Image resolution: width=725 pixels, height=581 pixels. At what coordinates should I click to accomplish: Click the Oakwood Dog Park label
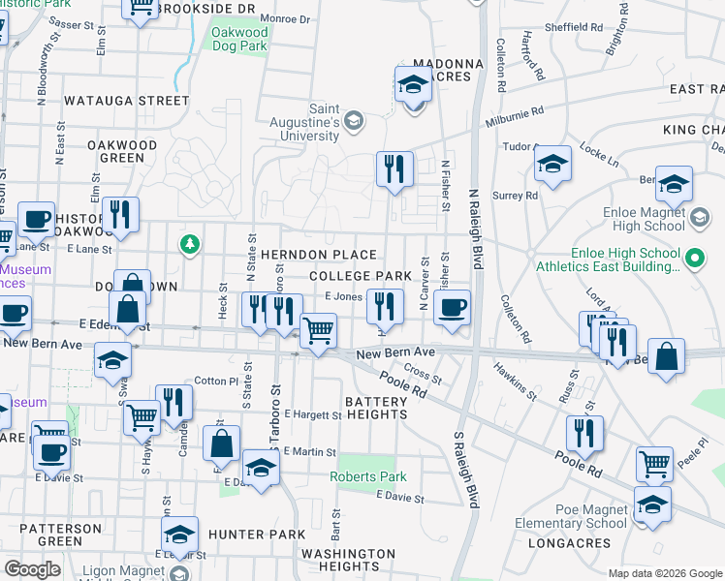point(239,38)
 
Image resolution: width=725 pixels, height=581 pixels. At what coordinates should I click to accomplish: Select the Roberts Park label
point(368,476)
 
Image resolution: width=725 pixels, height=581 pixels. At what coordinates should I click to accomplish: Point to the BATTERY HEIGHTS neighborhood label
point(376,408)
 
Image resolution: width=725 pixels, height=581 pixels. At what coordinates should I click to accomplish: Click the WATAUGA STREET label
point(126,100)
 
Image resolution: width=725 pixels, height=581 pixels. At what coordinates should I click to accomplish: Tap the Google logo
point(33,569)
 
